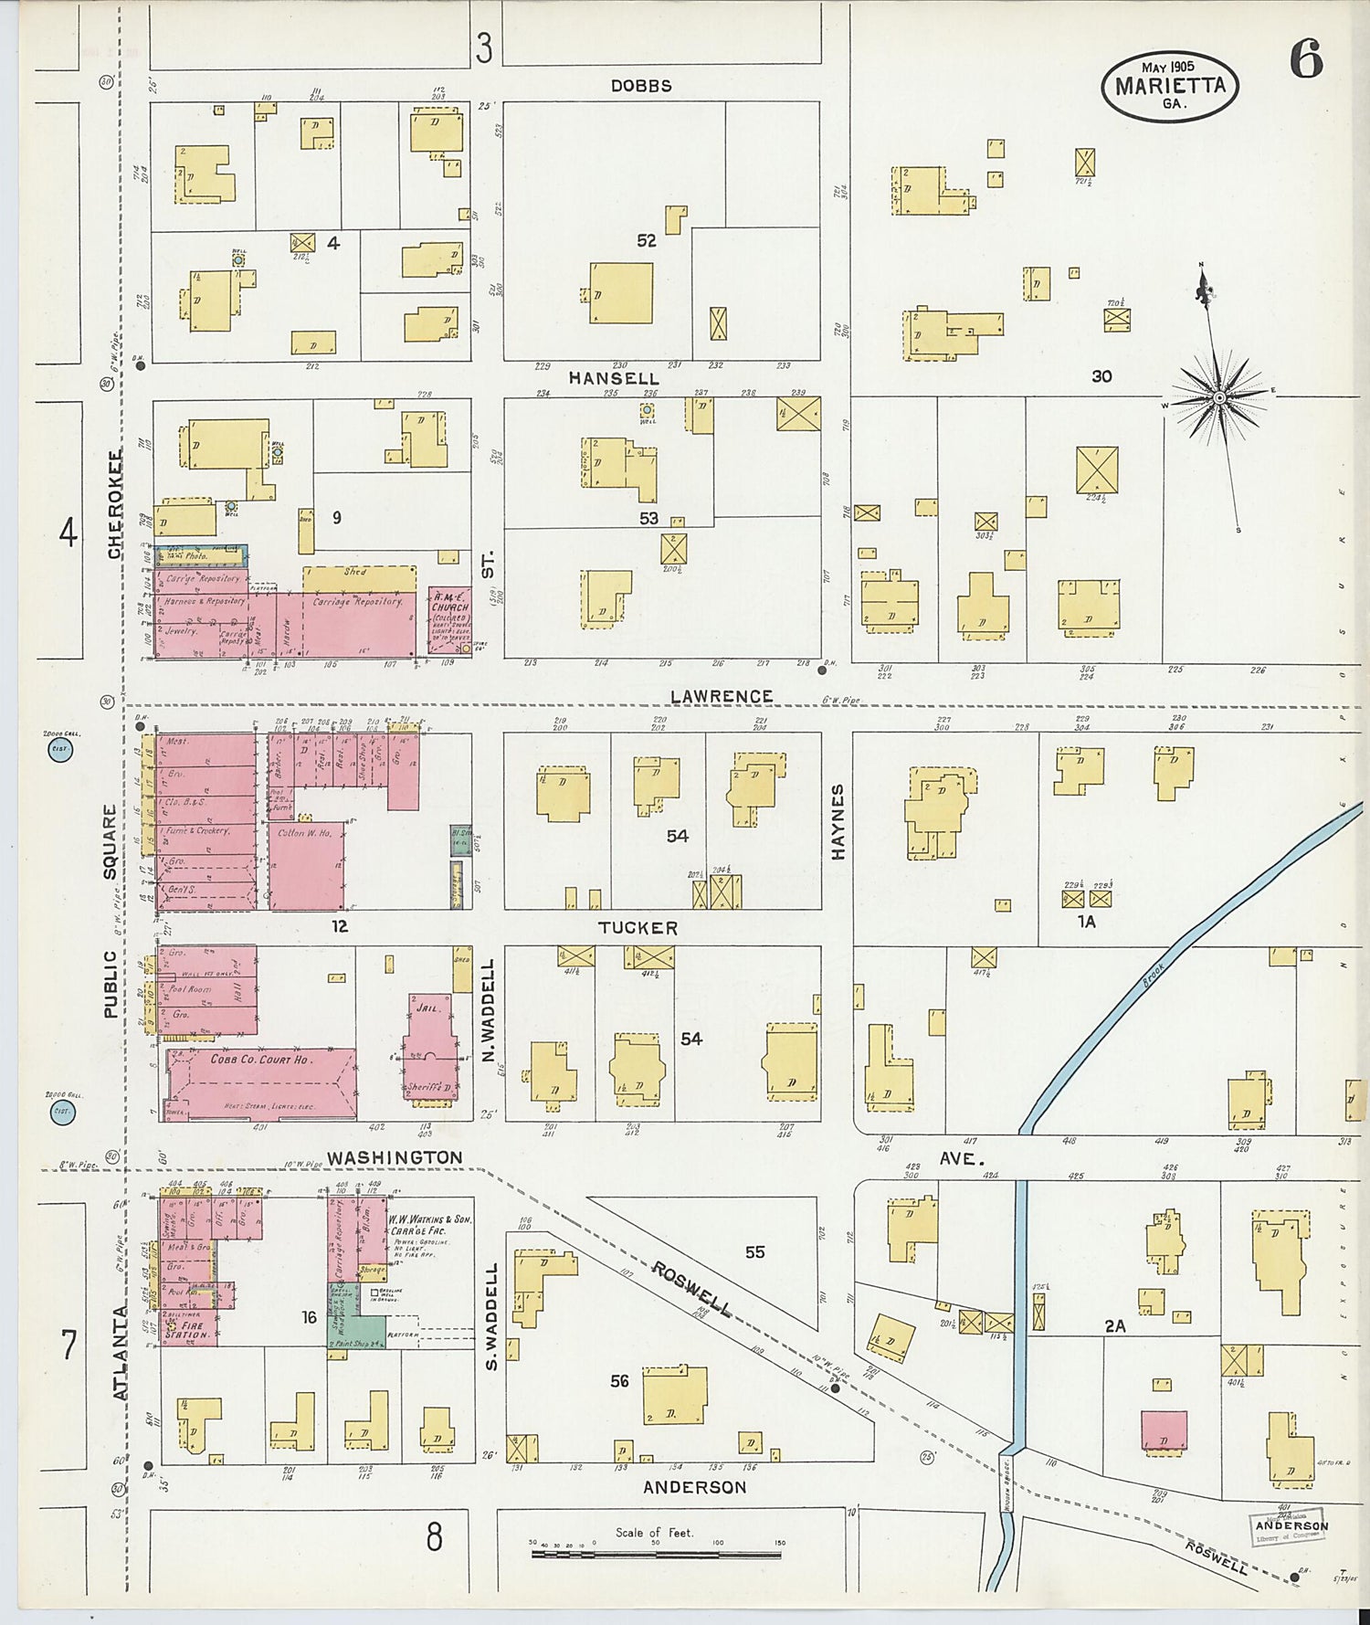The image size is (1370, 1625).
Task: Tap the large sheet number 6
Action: [x=1306, y=61]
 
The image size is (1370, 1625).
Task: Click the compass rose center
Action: [x=1219, y=398]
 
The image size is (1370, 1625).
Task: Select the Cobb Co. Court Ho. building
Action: [x=261, y=1083]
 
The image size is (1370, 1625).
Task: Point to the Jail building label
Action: [x=430, y=1008]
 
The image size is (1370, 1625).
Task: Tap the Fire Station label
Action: [x=188, y=1329]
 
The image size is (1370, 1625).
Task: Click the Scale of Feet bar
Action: [x=656, y=1553]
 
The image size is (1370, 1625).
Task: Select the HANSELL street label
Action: [x=613, y=378]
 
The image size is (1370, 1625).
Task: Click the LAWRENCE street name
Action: [x=722, y=697]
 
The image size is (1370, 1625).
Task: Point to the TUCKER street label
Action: [x=638, y=928]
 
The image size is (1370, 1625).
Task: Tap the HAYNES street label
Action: [x=838, y=821]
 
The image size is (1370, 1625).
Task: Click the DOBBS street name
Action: [x=641, y=86]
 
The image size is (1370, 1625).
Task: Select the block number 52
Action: [x=647, y=241]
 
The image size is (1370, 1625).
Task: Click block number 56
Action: [x=619, y=1381]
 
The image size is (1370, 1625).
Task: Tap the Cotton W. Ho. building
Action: [x=305, y=866]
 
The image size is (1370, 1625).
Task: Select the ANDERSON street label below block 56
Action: [x=694, y=1487]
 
